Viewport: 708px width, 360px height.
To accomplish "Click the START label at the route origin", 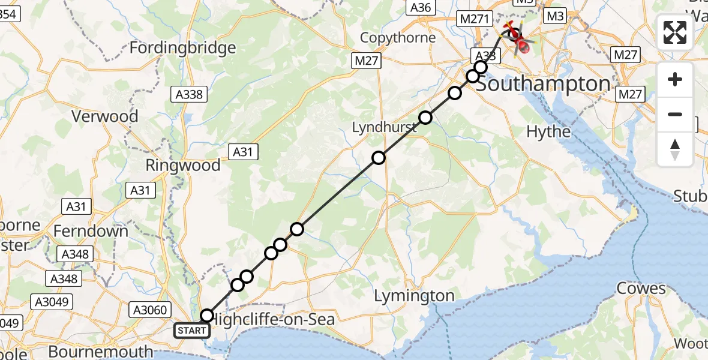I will [192, 330].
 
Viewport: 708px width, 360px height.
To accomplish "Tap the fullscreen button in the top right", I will [675, 32].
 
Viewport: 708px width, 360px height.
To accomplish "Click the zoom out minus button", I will [675, 114].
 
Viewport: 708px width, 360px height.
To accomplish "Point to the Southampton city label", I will [543, 84].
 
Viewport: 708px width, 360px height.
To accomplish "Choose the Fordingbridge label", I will [182, 47].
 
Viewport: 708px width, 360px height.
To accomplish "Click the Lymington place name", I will [414, 296].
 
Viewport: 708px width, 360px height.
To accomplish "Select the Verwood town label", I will [104, 116].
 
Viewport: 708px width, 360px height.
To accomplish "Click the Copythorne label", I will [397, 38].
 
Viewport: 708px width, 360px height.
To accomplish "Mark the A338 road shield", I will [190, 94].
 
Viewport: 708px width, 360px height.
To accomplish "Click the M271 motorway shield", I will [472, 19].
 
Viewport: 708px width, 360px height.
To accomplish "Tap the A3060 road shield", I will [151, 310].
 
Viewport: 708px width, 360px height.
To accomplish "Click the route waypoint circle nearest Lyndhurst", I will [425, 118].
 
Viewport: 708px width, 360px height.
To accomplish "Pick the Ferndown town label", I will [91, 231].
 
